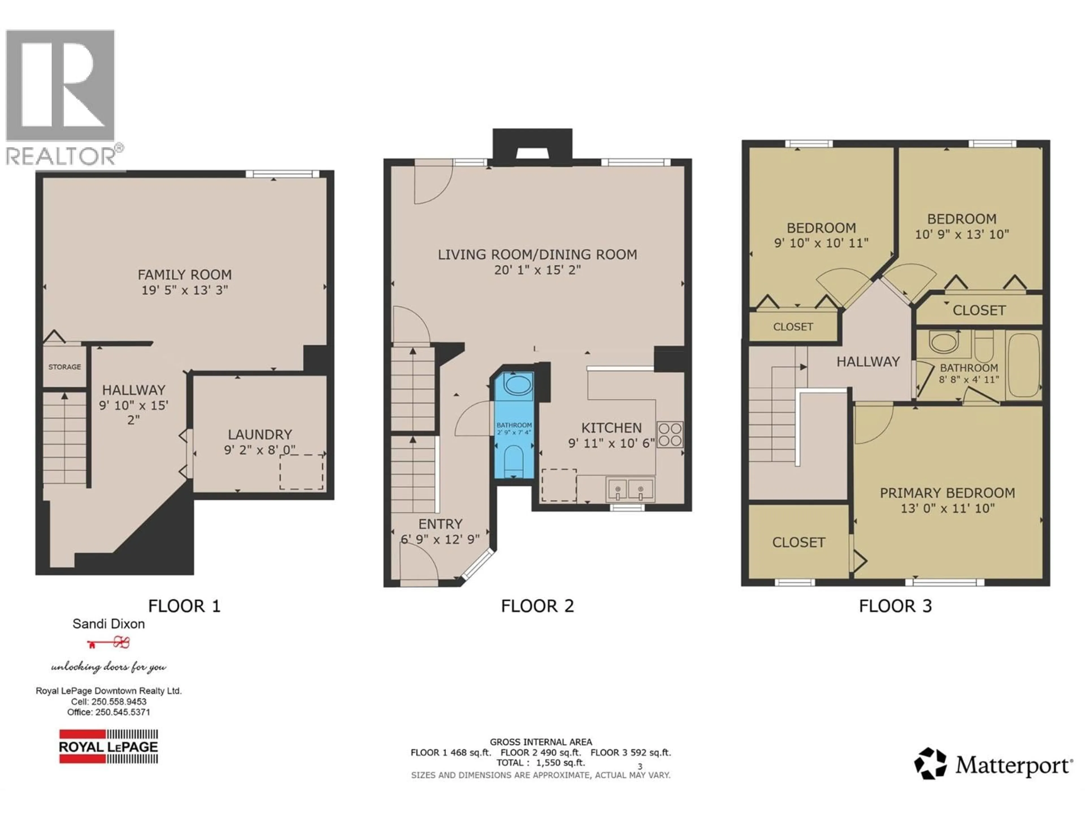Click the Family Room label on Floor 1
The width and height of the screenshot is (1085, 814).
[x=185, y=275]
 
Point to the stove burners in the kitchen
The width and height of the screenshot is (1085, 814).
[x=670, y=434]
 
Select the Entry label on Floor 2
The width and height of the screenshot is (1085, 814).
[x=440, y=524]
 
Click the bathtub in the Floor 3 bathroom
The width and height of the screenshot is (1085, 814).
[x=1024, y=365]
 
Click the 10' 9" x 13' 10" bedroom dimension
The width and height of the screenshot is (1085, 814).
[x=962, y=235]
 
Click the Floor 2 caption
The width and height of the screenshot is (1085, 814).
[x=537, y=606]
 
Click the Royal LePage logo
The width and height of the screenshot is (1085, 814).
[x=108, y=746]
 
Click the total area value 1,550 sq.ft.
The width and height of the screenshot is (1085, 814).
[x=561, y=763]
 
